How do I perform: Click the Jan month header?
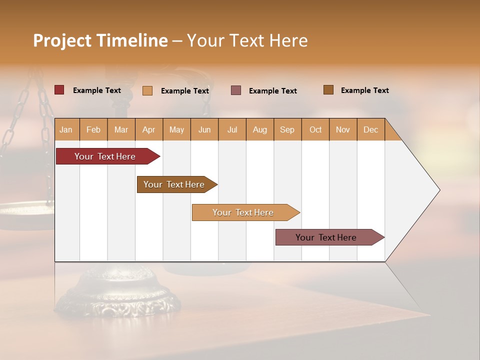[x=66, y=129]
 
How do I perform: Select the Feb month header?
[x=93, y=129]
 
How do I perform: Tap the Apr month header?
[x=149, y=129]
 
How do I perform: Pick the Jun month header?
[x=204, y=129]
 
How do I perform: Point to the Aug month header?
[x=260, y=129]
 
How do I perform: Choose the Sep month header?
[x=287, y=129]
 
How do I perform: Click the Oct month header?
[x=315, y=129]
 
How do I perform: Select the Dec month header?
[x=371, y=129]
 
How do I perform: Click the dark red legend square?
[x=59, y=90]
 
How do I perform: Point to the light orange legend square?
[x=147, y=90]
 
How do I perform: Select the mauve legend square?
[x=236, y=90]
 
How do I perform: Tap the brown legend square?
[x=328, y=90]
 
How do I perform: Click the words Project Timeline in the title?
[x=100, y=40]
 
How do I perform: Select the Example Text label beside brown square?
[x=364, y=90]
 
